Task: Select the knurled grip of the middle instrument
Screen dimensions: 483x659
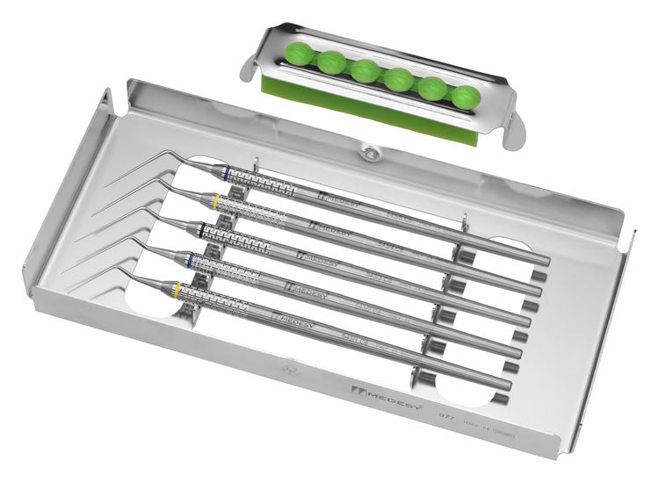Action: pos(242,239)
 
